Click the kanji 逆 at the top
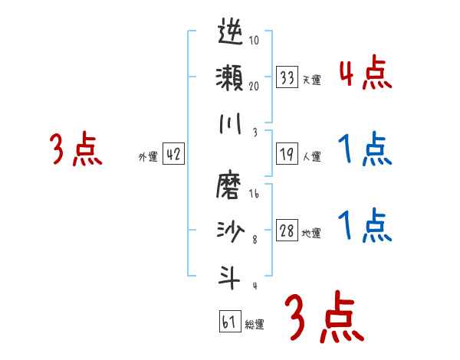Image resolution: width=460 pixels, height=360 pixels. (231, 34)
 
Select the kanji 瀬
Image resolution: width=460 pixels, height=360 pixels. (231, 78)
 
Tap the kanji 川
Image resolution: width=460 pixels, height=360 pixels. (231, 125)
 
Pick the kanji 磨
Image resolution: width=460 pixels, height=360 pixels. (231, 187)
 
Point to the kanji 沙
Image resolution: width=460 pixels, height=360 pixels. (231, 231)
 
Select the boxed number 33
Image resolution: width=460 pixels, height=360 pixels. (287, 77)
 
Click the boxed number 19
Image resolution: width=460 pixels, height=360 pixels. (287, 155)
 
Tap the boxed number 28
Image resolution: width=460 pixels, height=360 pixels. (287, 231)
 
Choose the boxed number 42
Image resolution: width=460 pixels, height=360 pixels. (173, 155)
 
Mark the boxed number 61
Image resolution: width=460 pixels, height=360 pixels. (229, 322)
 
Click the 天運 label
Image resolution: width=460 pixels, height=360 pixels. (311, 80)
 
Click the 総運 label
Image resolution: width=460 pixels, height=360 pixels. (255, 324)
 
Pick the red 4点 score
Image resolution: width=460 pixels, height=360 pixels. (365, 74)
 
